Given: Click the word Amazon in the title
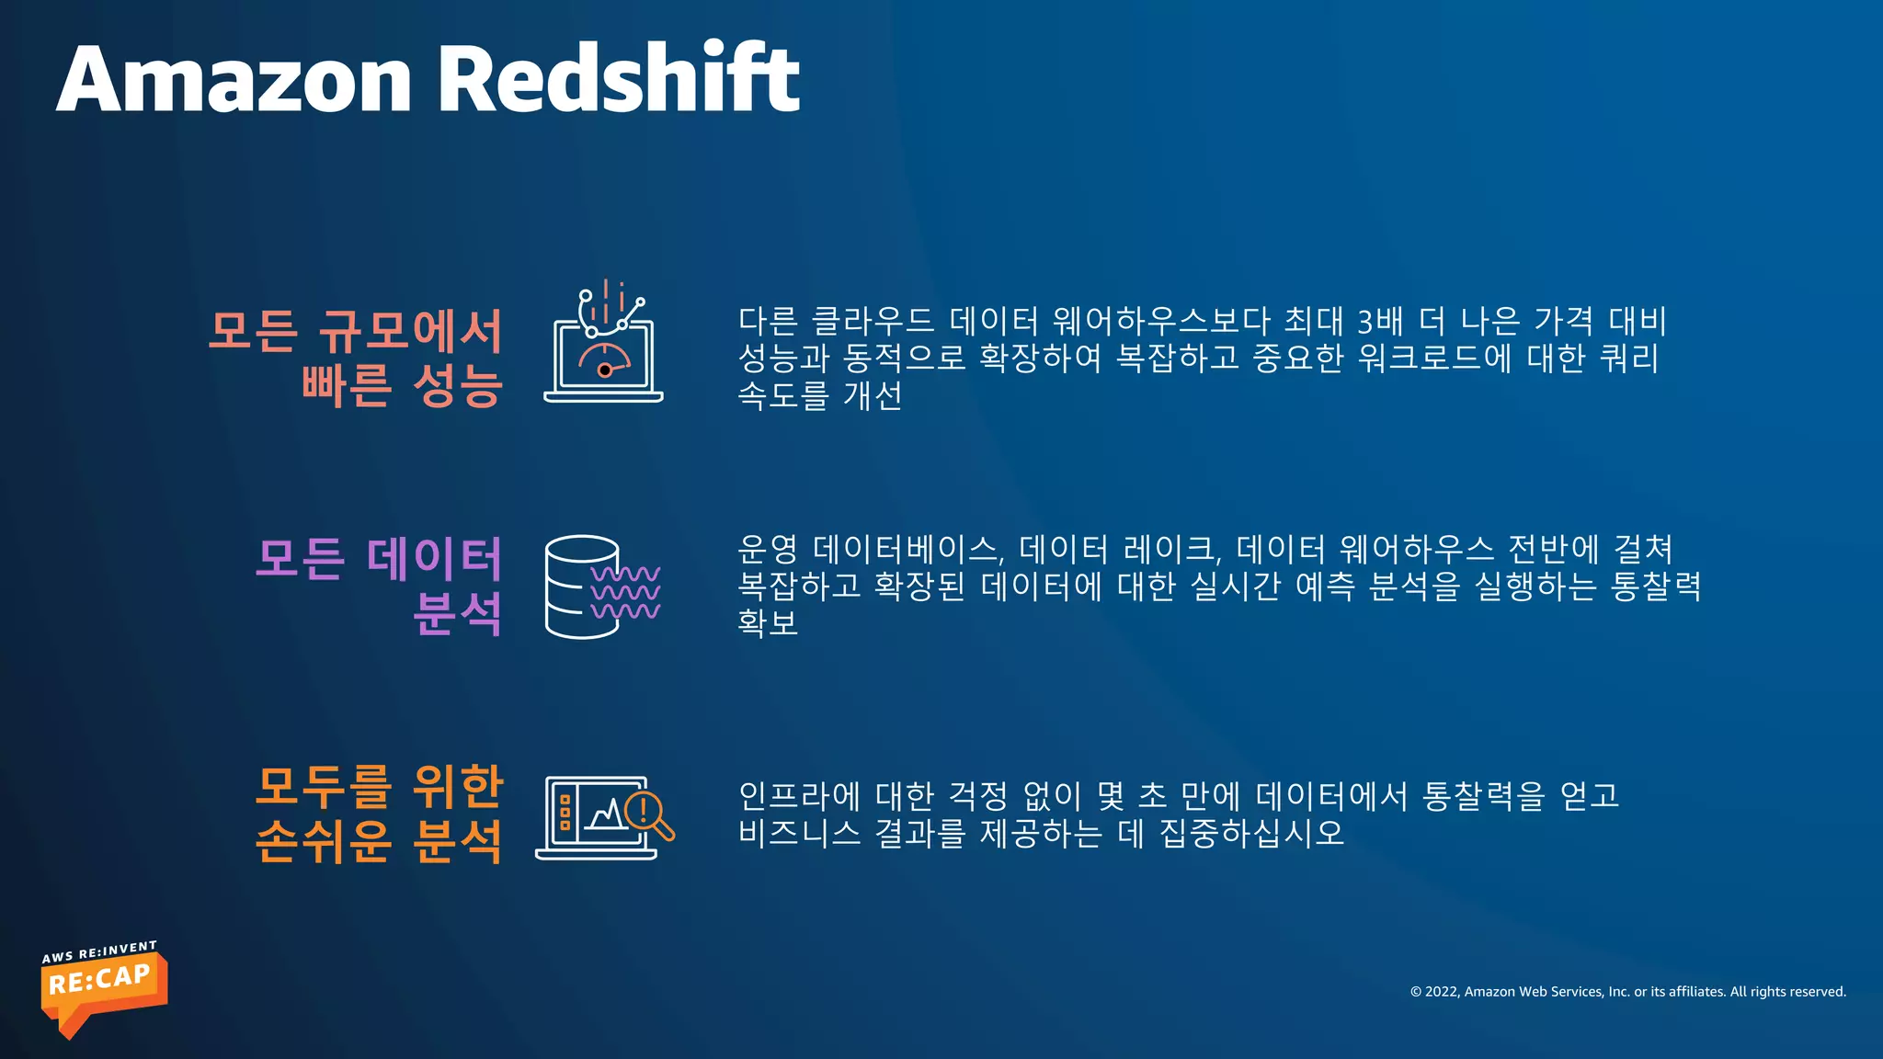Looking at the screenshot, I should [234, 80].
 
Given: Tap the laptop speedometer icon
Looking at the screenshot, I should [603, 345].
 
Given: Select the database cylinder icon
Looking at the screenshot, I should [581, 586].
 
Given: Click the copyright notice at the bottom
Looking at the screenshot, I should [1627, 991].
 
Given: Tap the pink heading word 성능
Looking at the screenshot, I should [457, 385].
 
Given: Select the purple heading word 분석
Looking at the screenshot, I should [457, 613].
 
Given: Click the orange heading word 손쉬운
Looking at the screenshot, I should [324, 840].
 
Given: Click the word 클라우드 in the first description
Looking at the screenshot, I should [873, 321].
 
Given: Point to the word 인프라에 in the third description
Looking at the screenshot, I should [799, 795].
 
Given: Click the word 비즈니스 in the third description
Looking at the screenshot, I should [799, 833].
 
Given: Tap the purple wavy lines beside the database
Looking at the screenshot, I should [625, 592].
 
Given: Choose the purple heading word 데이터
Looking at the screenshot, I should [434, 558].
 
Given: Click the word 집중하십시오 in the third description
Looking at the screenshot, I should [1251, 833].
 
